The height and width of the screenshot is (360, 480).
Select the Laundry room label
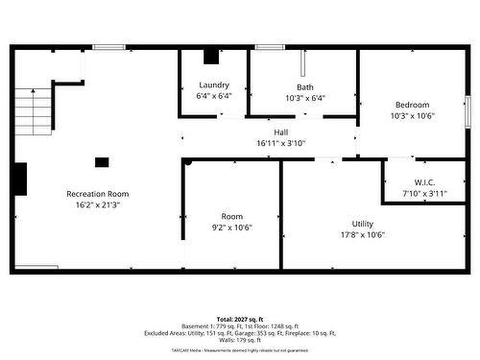point(213,85)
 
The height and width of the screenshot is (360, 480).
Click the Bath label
point(304,86)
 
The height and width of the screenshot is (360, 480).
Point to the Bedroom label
point(413,105)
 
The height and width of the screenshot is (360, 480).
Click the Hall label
point(280,132)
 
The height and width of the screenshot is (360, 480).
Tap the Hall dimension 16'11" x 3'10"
point(280,143)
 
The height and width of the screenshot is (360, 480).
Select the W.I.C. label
point(425,182)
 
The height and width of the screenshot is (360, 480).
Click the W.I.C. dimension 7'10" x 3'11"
point(425,193)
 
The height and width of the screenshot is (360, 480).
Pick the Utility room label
point(362,224)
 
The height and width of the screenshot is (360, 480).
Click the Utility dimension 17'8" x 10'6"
point(362,234)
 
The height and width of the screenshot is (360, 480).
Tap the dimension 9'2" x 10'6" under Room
point(231,228)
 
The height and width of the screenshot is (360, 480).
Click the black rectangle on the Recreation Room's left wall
point(20,178)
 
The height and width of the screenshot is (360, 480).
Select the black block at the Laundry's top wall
point(212,56)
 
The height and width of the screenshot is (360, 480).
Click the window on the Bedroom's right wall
point(467,107)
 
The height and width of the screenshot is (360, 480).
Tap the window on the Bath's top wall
point(269,46)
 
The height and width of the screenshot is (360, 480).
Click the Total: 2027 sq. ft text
point(239,318)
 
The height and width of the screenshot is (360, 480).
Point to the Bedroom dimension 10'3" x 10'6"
point(413,115)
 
